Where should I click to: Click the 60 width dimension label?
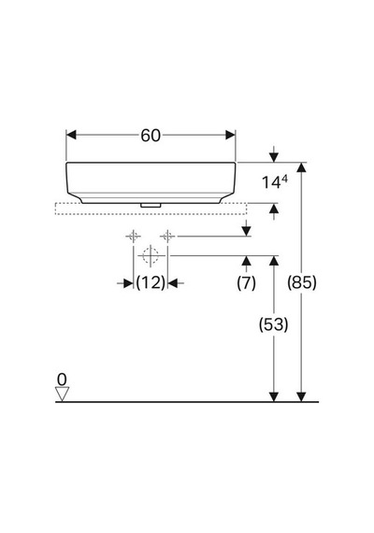[x=151, y=136]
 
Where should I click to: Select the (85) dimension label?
[x=302, y=282]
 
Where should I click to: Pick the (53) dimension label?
[x=273, y=324]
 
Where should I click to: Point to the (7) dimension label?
[x=246, y=282]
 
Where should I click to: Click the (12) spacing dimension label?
[x=151, y=282]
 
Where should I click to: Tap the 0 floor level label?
[x=62, y=380]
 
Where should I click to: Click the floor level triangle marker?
[x=63, y=394]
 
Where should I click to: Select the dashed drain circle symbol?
[x=151, y=255]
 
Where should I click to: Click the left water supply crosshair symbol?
[x=134, y=236]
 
